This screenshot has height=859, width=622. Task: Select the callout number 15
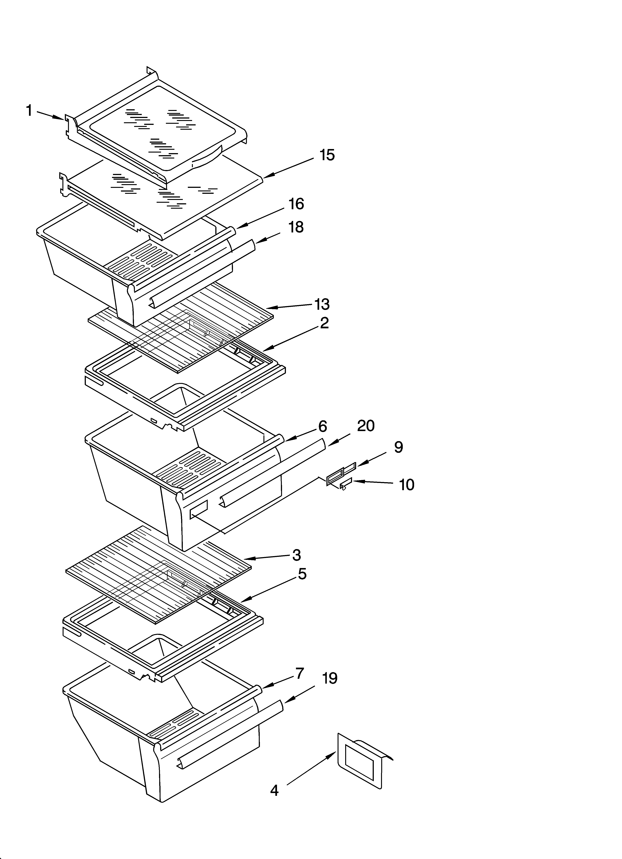[x=327, y=155]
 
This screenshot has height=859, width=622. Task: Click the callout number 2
[x=324, y=323]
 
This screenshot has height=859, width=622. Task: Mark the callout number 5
[x=302, y=574]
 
